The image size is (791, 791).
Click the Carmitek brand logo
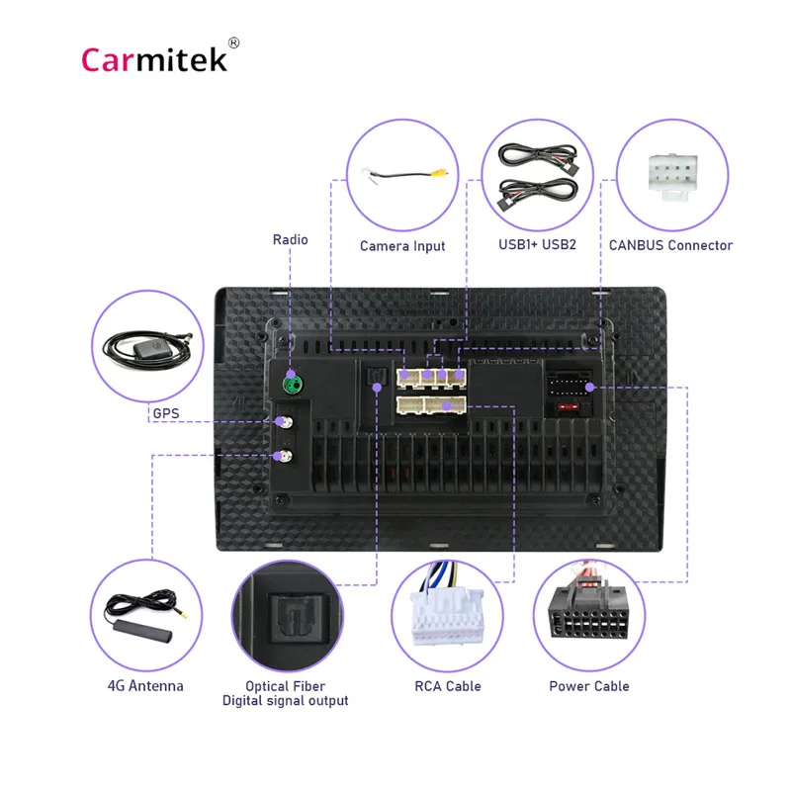[x=154, y=59]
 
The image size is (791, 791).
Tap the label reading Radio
[x=291, y=239]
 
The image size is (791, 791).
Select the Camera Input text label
[x=402, y=246]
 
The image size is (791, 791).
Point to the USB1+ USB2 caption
[x=538, y=244]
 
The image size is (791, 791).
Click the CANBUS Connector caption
[x=671, y=244]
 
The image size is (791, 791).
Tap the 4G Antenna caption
[x=145, y=685]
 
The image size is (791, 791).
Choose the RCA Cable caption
[x=449, y=685]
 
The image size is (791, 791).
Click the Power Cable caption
[x=589, y=685]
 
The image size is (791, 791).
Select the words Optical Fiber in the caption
[x=285, y=685]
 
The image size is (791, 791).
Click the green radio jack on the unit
[x=291, y=382]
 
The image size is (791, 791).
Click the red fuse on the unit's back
[x=568, y=406]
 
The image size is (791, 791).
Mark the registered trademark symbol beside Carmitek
[x=233, y=43]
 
